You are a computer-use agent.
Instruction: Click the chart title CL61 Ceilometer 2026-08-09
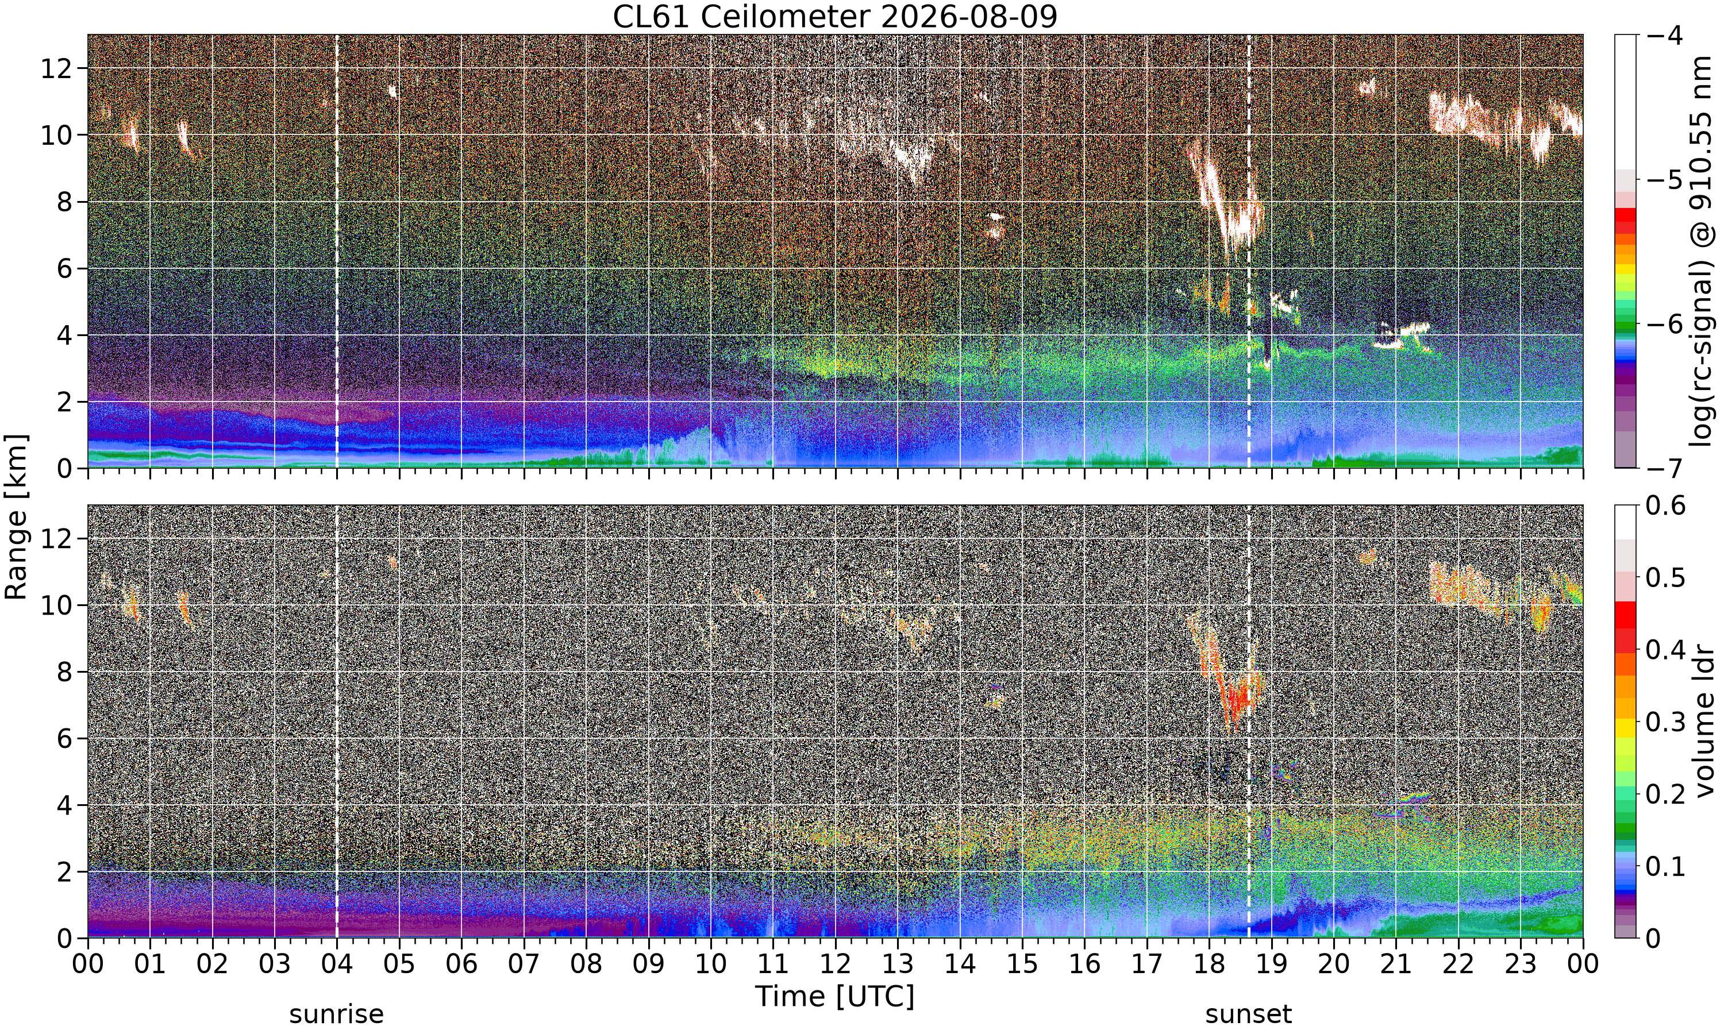point(835,17)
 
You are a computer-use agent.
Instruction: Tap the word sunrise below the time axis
point(337,1014)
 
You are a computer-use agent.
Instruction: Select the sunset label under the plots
point(1249,1014)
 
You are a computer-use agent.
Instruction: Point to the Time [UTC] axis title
point(835,997)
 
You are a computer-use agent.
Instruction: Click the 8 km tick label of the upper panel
point(65,202)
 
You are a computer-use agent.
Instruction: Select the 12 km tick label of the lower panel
point(56,539)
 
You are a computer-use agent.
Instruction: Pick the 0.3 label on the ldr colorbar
point(1665,721)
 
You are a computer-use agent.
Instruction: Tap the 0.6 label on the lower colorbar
point(1665,505)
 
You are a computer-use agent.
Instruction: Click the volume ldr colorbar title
point(1704,721)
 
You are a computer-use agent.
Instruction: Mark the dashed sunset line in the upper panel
point(1249,252)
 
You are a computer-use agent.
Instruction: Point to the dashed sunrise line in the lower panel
point(337,721)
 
